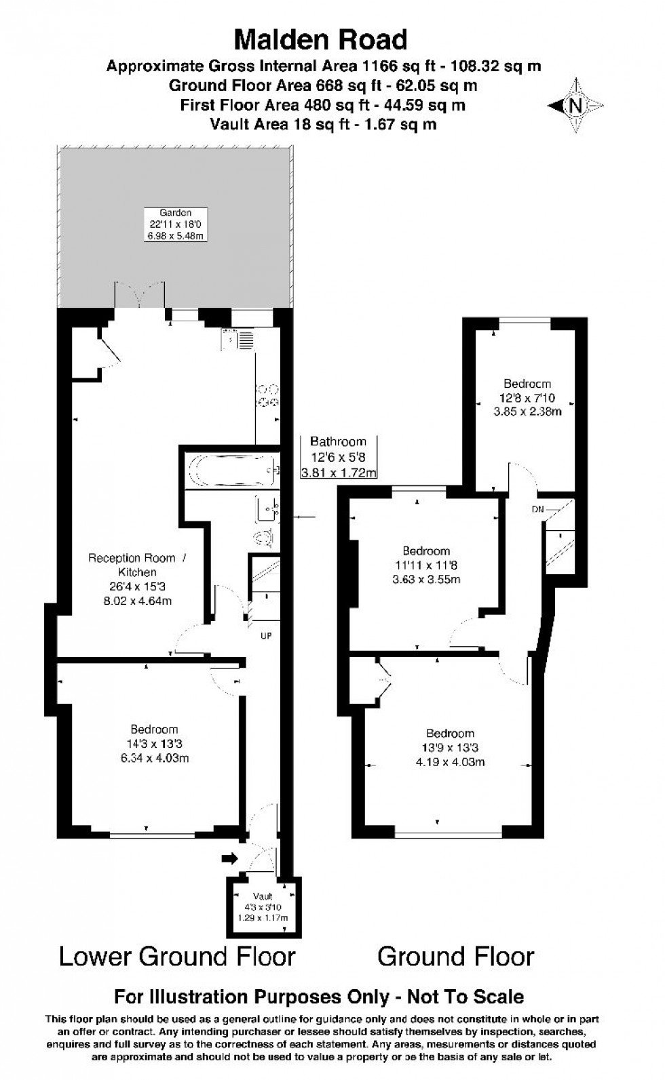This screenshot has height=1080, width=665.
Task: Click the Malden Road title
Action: point(320,40)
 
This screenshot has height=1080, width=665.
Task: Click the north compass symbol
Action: point(576,106)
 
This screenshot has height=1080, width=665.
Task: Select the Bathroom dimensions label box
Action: point(338,457)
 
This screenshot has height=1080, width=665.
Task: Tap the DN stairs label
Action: point(538,508)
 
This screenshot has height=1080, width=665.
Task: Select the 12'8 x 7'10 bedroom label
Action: point(527,397)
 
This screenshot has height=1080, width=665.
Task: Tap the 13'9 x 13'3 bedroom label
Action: point(450,747)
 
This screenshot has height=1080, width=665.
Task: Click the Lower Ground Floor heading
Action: point(177,957)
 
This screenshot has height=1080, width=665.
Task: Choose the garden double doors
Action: point(140,295)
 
